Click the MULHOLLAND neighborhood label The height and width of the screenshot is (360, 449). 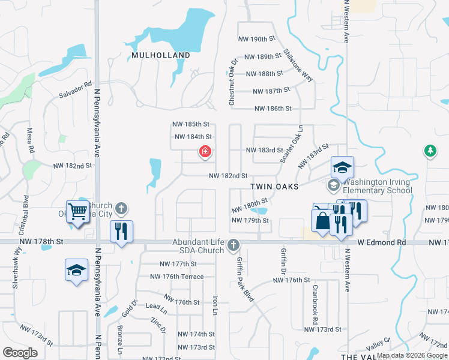click(160, 55)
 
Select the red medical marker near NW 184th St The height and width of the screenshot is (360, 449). click(205, 152)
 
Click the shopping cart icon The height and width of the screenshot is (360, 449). click(77, 211)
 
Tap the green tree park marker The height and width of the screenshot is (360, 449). click(430, 150)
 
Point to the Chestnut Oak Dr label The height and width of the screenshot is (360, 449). click(233, 82)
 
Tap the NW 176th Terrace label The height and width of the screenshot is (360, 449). click(183, 277)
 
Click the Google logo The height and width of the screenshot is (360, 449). click(20, 352)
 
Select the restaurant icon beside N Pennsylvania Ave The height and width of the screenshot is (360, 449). click(121, 232)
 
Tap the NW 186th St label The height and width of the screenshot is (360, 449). click(273, 109)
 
